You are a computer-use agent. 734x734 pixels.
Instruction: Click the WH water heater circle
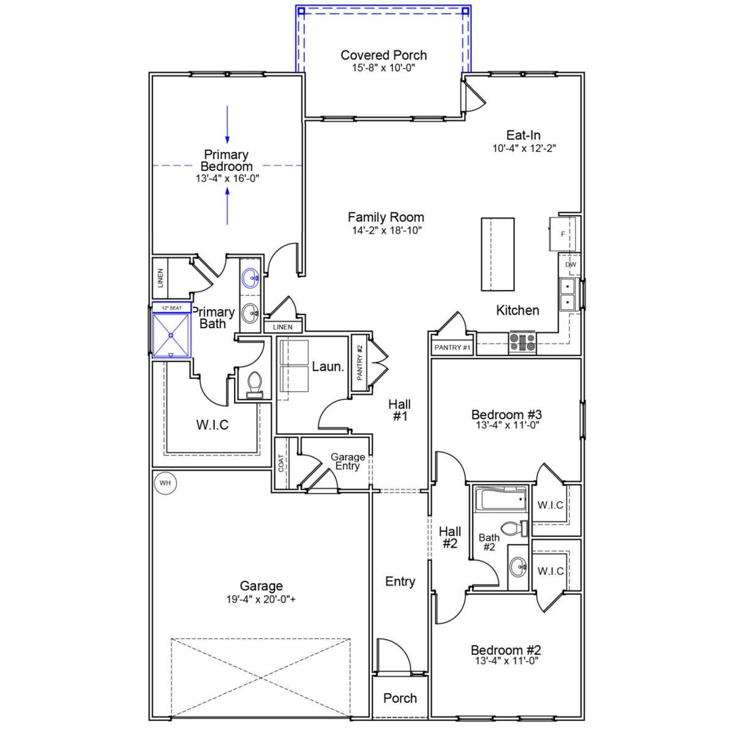pos(165,483)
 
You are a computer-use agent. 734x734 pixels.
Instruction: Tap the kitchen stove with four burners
pos(522,342)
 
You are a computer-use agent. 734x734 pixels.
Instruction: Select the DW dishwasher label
pos(571,264)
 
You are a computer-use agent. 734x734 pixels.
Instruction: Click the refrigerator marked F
pos(562,234)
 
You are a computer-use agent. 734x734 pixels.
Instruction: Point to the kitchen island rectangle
pos(497,255)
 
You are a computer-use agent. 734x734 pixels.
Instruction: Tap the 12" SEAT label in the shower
pos(171,308)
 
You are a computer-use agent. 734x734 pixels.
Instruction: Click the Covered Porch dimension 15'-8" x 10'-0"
pos(383,68)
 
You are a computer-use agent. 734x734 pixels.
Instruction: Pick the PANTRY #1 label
pos(452,348)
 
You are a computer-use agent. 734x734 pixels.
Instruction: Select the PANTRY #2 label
pos(360,362)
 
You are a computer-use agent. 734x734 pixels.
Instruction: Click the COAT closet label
pos(281,463)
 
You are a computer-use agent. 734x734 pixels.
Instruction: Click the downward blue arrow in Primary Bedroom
pos(228,124)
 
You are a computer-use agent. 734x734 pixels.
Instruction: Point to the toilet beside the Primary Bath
pos(253,384)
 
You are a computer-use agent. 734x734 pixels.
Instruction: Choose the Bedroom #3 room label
pos(506,414)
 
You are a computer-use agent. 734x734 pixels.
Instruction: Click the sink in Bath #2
pos(518,568)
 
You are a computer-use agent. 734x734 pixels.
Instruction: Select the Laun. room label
pos(327,366)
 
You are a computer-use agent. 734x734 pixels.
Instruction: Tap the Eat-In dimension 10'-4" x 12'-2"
pos(524,148)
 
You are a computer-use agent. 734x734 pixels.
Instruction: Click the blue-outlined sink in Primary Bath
pos(250,279)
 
